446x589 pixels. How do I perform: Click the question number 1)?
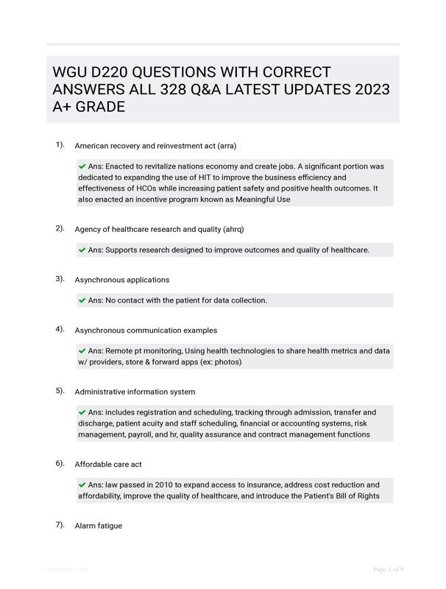tap(60, 145)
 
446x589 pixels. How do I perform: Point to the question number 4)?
tap(60, 330)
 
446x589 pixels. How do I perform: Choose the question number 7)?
tap(60, 525)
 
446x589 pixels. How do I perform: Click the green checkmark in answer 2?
tap(82, 250)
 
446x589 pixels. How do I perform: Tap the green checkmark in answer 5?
tap(82, 412)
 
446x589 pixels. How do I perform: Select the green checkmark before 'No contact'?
tap(82, 300)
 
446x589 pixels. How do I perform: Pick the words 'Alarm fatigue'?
tap(99, 526)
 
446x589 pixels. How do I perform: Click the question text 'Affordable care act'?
tap(108, 465)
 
